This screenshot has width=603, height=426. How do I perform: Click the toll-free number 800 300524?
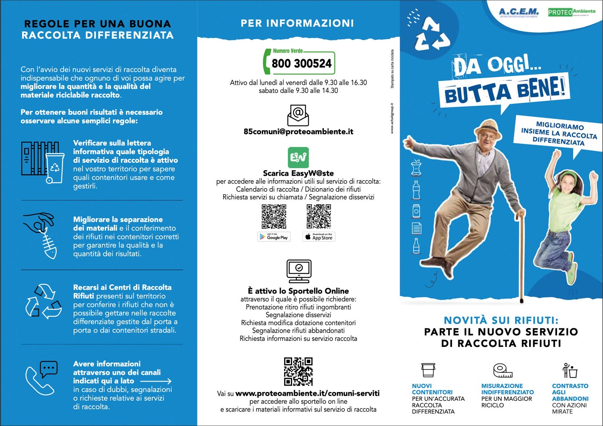[x=301, y=63]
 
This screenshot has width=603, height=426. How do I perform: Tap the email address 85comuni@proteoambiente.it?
[x=298, y=132]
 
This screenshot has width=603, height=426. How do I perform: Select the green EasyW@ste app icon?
[x=298, y=157]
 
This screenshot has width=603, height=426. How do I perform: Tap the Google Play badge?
[x=274, y=237]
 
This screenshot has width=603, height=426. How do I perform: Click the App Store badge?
[x=319, y=237]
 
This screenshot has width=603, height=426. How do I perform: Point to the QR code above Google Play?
[x=274, y=217]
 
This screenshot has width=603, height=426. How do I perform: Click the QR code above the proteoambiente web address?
[x=298, y=371]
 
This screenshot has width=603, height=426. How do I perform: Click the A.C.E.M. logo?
[x=519, y=12]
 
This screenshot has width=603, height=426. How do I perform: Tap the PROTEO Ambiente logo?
[x=571, y=12]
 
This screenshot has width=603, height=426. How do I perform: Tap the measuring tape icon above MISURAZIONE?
[x=503, y=370]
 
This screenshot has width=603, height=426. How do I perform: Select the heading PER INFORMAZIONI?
[x=297, y=23]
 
